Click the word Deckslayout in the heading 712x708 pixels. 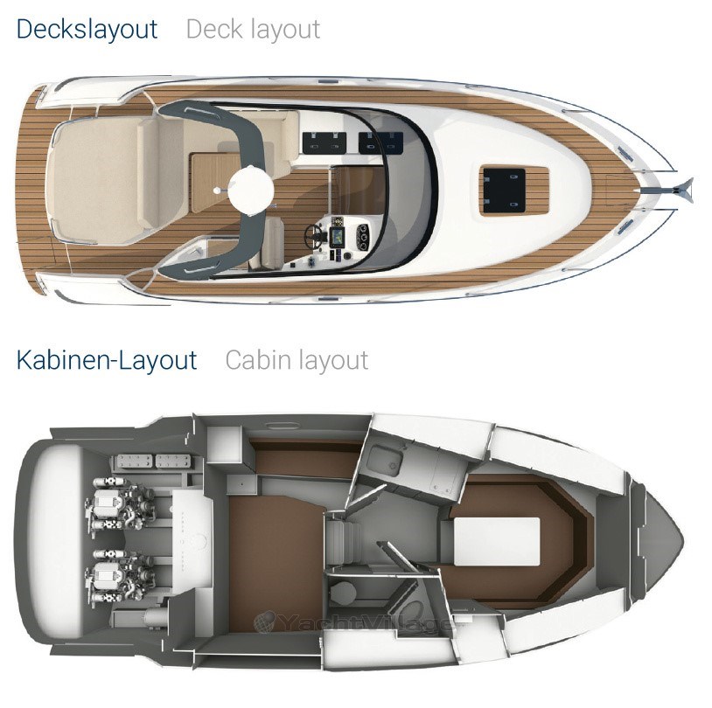point(87,30)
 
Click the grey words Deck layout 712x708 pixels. point(253,30)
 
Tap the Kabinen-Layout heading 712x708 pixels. point(107,360)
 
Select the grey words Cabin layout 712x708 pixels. point(297,360)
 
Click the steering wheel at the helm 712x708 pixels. point(314,234)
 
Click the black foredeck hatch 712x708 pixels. point(504,187)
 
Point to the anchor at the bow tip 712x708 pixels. point(681,190)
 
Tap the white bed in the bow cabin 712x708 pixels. point(497,541)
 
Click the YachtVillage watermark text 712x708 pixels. point(354,621)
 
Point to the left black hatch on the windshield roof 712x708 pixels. point(325,142)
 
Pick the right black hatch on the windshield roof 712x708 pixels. point(380,142)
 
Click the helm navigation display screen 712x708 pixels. point(337,236)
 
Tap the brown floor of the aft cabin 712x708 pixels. point(272,563)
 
